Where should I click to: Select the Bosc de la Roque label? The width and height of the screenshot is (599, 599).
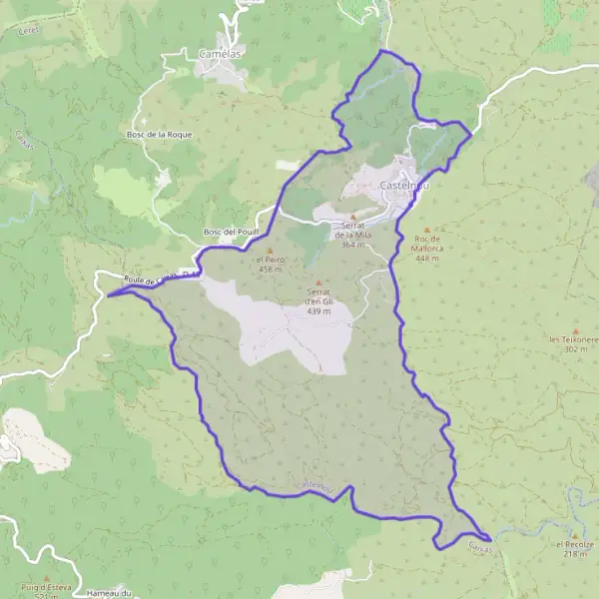coord(159,134)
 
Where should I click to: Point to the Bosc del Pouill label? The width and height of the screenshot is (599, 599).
coord(231,232)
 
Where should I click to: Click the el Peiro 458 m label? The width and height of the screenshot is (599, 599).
coord(271,265)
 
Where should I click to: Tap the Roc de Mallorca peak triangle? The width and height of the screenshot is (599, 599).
coord(426,230)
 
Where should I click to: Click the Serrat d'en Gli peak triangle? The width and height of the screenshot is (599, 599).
coord(319,284)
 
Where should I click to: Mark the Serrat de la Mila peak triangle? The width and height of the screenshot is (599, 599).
coord(352,216)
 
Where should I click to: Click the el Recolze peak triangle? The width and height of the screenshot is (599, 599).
coord(576,533)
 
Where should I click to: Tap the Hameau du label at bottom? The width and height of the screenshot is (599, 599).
coord(110,594)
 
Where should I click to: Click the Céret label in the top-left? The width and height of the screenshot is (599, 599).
coord(27,30)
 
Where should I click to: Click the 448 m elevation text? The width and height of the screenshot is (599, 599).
coord(427,259)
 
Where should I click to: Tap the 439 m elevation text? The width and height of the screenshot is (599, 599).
coord(319,311)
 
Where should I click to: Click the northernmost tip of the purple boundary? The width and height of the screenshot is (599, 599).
coord(383,50)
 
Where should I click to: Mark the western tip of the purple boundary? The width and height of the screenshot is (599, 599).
coord(107,294)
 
